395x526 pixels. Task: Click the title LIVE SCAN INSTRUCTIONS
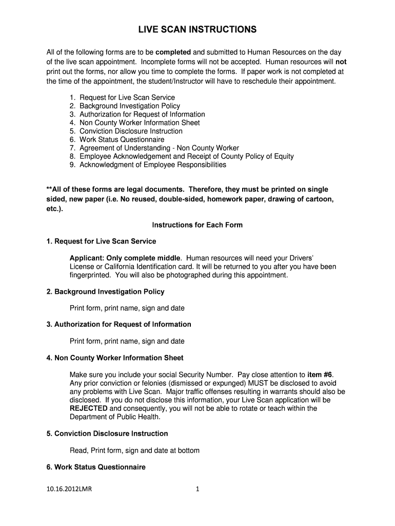pos(197,30)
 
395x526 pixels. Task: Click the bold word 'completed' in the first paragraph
pos(173,52)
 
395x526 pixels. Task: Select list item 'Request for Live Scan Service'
pos(127,98)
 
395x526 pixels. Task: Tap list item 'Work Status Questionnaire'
pos(122,140)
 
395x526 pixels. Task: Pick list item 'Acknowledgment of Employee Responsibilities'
pos(152,165)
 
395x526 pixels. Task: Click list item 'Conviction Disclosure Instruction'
pos(131,131)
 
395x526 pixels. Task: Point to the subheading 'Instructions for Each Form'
pos(197,225)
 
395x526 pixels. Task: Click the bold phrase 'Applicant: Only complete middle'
pos(125,258)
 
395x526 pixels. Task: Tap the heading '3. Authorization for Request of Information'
pos(118,325)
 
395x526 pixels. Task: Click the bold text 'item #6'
pos(320,374)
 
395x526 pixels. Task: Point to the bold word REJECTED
pos(88,408)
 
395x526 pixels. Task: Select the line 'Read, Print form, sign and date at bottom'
pos(134,450)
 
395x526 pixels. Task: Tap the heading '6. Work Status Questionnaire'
pos(96,467)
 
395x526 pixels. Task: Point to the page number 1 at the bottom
pos(197,490)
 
